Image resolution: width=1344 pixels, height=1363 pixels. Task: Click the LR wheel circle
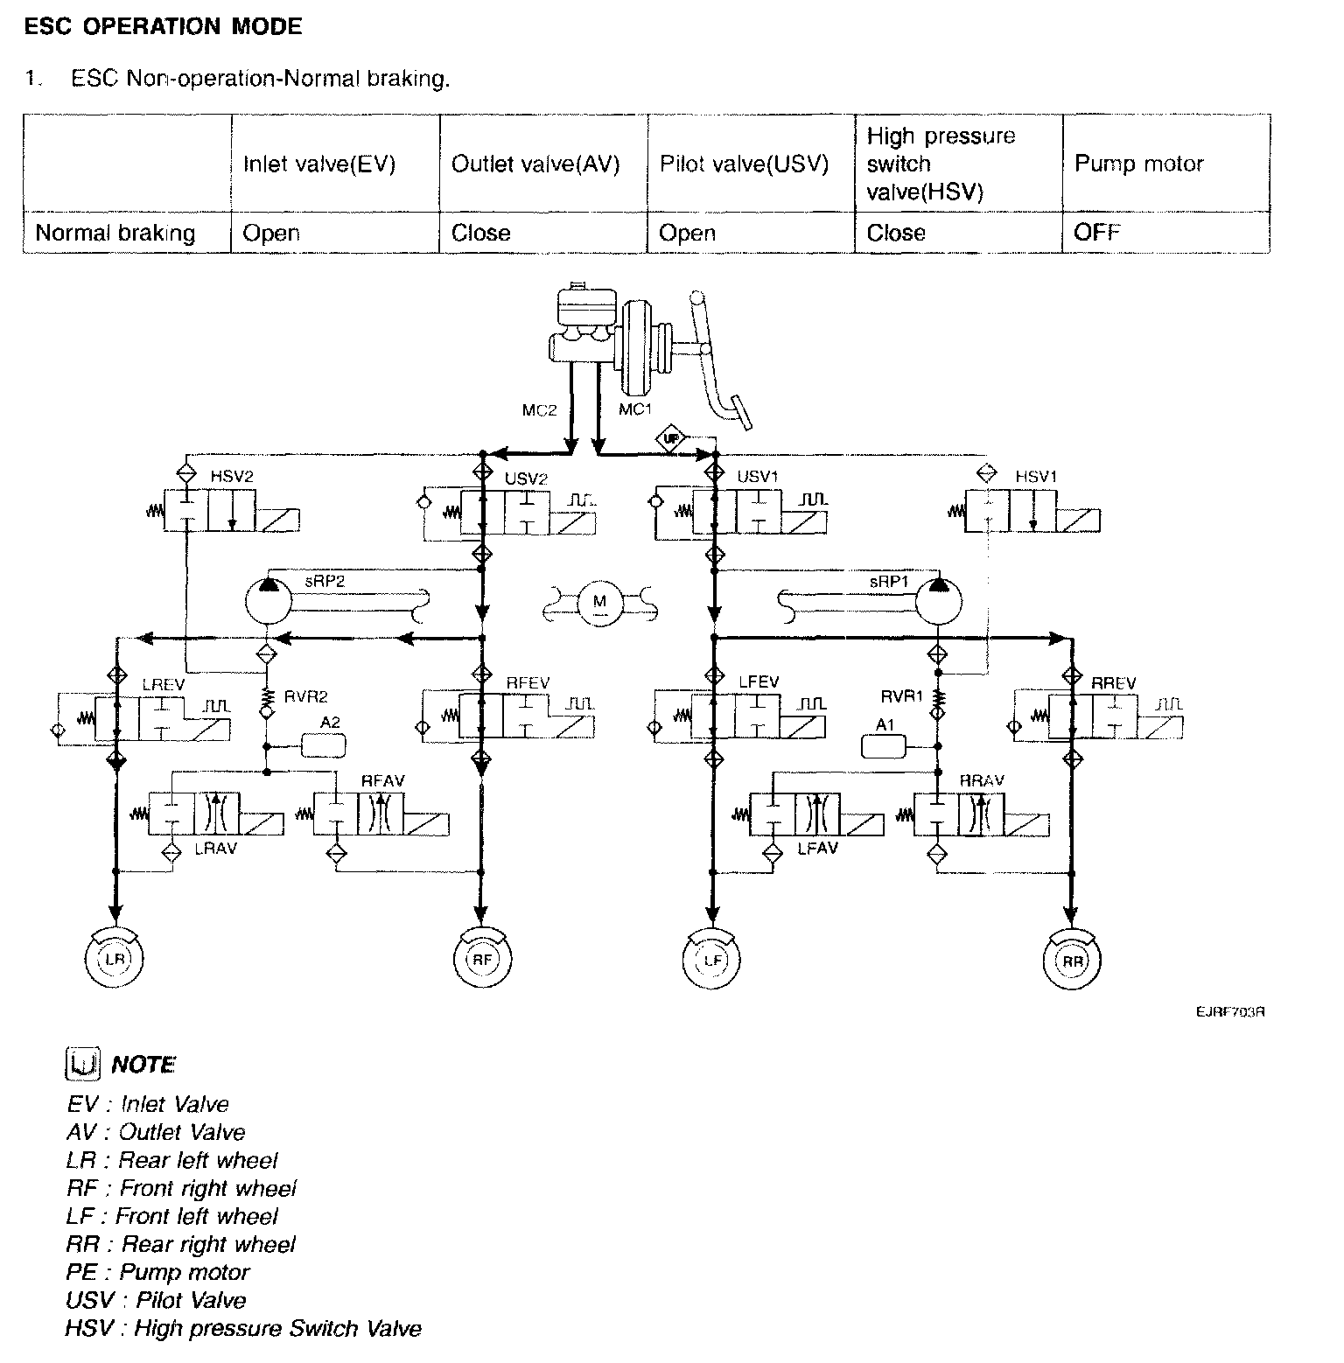[x=115, y=959]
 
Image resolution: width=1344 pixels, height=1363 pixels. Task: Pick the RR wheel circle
[x=1072, y=960]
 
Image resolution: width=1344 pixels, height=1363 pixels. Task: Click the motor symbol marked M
[x=599, y=602]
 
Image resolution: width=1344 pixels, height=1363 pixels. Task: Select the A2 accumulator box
[x=323, y=745]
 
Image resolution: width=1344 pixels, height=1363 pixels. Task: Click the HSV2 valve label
[x=232, y=477]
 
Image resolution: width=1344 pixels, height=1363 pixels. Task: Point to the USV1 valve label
[x=758, y=477]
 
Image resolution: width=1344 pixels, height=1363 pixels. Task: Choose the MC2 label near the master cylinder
[x=539, y=409]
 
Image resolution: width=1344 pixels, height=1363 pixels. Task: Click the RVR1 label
[x=901, y=696]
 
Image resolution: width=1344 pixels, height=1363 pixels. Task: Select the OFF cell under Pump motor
[x=1096, y=233]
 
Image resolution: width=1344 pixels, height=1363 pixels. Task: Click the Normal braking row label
[x=115, y=233]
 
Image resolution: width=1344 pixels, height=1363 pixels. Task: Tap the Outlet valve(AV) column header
[x=535, y=164]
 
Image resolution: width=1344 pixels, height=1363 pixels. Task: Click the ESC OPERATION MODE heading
[x=163, y=26]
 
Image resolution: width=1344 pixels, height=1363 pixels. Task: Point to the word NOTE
[x=143, y=1065]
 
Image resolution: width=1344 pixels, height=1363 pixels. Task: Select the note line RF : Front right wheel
[x=181, y=1188]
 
